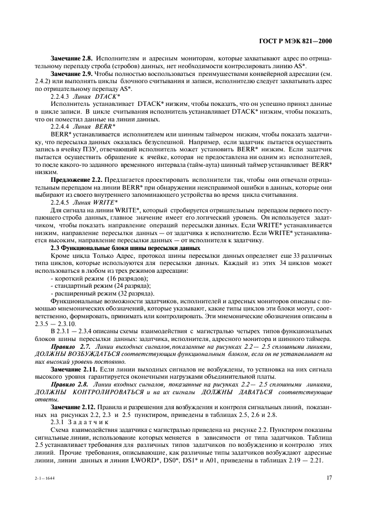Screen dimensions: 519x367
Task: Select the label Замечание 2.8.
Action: pyautogui.click(x=72, y=58)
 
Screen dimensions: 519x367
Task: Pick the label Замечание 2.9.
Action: pyautogui.click(x=72, y=73)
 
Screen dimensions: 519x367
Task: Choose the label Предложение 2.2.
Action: pyautogui.click(x=76, y=180)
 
